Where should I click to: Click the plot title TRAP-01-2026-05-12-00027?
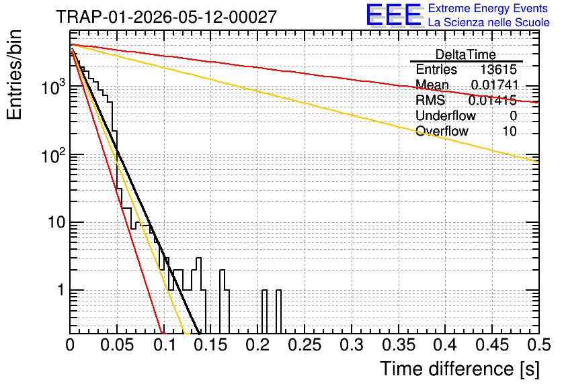click(x=166, y=17)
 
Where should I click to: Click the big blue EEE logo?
click(x=393, y=15)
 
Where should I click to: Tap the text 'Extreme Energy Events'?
click(x=488, y=8)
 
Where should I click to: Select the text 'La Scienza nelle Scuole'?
click(x=489, y=22)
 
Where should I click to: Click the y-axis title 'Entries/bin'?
click(x=14, y=75)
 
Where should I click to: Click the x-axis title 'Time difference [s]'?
click(x=460, y=369)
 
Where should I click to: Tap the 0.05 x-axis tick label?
click(x=117, y=345)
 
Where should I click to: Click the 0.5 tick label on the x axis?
click(x=538, y=345)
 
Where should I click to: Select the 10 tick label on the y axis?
click(x=56, y=222)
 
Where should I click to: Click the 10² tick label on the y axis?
click(x=53, y=156)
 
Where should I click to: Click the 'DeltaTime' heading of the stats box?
click(x=466, y=54)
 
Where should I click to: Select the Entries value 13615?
click(x=498, y=69)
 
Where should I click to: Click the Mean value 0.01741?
click(x=495, y=85)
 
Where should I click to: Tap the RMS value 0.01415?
click(x=493, y=100)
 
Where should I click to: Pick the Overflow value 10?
click(x=510, y=132)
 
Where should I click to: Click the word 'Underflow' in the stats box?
click(x=446, y=115)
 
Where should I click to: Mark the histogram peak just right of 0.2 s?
click(x=264, y=290)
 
